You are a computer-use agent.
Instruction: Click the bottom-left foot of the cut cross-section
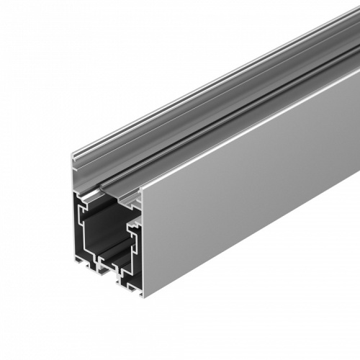(78, 263)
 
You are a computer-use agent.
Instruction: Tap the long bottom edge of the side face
(252, 238)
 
